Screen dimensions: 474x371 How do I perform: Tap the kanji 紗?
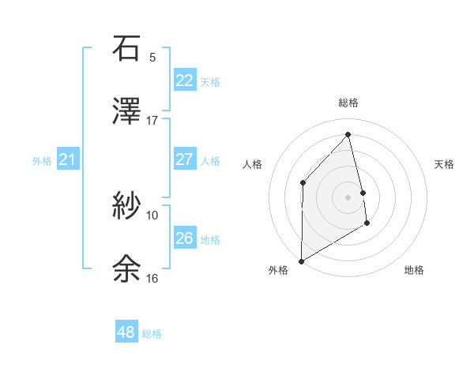(126, 205)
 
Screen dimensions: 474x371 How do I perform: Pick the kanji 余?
(126, 268)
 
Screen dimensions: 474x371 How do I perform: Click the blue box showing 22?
(184, 80)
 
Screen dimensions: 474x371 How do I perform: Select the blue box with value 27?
(184, 159)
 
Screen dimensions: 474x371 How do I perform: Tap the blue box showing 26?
(184, 238)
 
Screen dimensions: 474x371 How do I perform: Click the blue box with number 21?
(67, 159)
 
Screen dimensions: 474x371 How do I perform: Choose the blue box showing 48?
(126, 332)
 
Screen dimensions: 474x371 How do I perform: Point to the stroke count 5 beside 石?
(152, 57)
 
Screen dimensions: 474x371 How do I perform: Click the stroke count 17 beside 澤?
(152, 121)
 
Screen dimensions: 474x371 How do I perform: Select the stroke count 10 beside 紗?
(152, 215)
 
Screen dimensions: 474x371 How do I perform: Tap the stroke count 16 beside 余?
(152, 278)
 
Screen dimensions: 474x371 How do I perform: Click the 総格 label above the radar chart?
(348, 103)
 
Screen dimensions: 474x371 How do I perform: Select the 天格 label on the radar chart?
(445, 164)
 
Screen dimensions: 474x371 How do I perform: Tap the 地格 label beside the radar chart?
(414, 270)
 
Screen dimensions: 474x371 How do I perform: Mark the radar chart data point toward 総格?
(348, 134)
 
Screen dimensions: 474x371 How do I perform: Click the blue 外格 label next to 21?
(42, 161)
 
